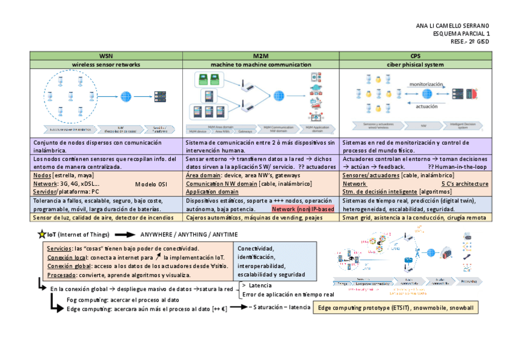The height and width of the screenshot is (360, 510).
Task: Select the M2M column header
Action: click(x=261, y=55)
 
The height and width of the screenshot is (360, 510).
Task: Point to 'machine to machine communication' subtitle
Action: click(x=261, y=64)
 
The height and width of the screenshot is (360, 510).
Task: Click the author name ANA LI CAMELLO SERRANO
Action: click(x=453, y=26)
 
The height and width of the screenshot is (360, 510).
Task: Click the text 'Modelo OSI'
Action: click(x=150, y=183)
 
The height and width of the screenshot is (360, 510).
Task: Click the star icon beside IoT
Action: click(x=41, y=234)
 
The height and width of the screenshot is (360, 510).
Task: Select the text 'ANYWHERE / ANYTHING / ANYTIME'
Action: click(x=189, y=234)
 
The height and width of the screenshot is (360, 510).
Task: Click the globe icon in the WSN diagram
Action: click(x=126, y=96)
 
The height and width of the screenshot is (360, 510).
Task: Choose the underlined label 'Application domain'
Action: click(x=212, y=192)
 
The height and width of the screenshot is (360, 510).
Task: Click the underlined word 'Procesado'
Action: click(x=61, y=274)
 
